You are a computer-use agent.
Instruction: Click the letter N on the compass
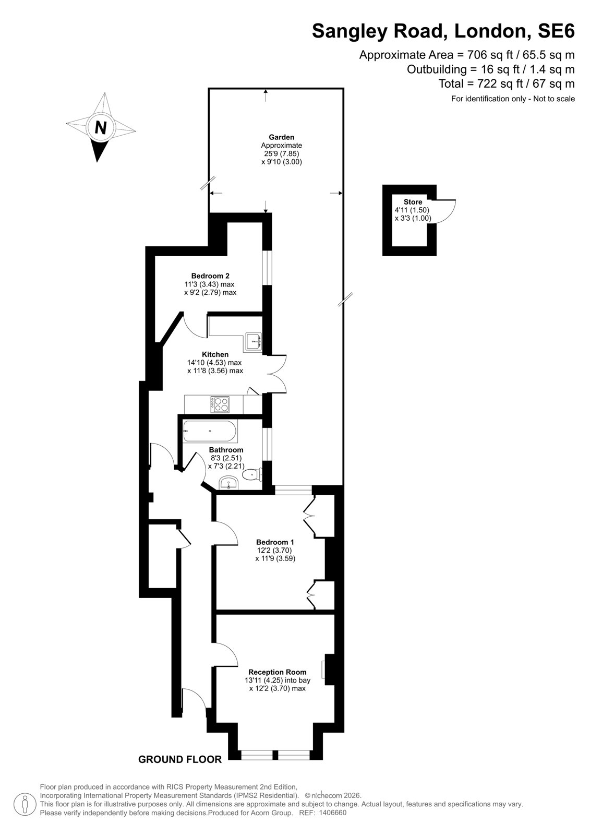[100, 127]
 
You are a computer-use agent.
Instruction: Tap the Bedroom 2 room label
[210, 276]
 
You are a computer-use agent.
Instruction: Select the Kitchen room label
[215, 354]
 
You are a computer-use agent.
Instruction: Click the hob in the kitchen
[220, 404]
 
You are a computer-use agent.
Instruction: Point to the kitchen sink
[254, 341]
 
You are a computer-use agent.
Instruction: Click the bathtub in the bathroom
[210, 431]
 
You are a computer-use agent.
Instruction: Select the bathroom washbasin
[228, 483]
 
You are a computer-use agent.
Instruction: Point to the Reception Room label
[278, 672]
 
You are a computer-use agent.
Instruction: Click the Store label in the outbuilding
[413, 202]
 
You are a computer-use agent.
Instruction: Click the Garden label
[281, 137]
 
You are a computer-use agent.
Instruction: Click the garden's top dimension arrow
[266, 96]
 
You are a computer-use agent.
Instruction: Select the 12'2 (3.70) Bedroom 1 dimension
[273, 550]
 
